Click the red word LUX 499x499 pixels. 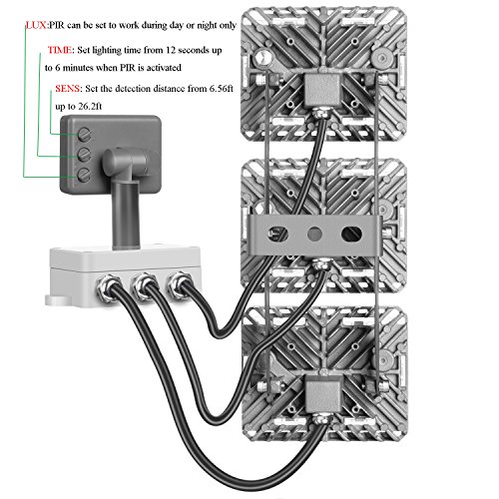36,25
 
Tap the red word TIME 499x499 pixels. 60,50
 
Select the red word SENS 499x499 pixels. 68,89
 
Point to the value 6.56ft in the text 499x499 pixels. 222,89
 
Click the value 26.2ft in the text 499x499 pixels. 90,107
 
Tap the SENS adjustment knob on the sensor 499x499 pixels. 84,134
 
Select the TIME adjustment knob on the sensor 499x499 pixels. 84,155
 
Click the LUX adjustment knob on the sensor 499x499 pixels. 84,175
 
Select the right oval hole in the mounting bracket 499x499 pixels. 351,234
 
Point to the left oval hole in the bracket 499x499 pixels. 278,235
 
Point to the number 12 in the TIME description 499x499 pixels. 171,50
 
